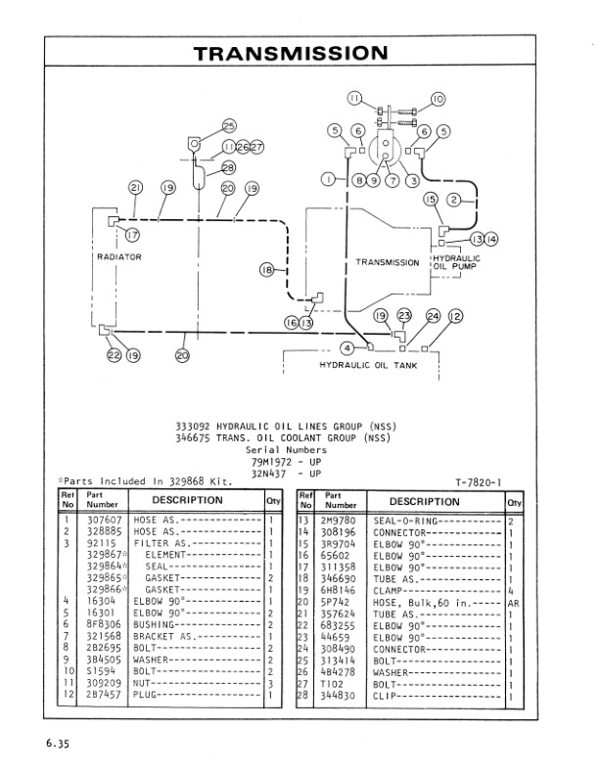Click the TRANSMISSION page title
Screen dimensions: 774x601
[x=290, y=52]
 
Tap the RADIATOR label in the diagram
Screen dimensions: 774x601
[x=118, y=256]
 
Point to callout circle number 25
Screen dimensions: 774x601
[x=230, y=125]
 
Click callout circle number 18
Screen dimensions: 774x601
[x=265, y=270]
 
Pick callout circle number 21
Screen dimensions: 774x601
[x=135, y=188]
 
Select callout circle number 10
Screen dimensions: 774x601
[x=437, y=98]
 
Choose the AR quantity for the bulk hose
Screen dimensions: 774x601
[x=513, y=604]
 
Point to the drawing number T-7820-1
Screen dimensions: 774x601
[x=478, y=481]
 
